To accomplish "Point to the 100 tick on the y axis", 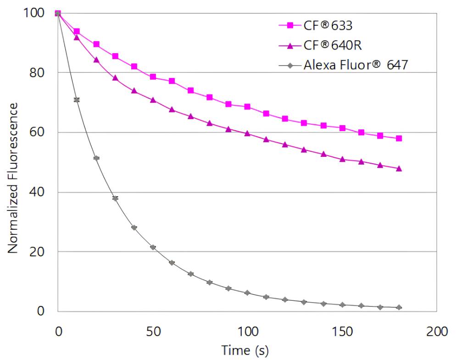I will pyautogui.click(x=34, y=13).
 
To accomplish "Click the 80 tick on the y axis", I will pyautogui.click(x=38, y=73).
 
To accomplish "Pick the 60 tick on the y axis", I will pyautogui.click(x=38, y=133).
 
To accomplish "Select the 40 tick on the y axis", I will pyautogui.click(x=38, y=192).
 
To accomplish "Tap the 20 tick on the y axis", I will pyautogui.click(x=38, y=252).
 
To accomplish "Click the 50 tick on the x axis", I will pyautogui.click(x=153, y=331).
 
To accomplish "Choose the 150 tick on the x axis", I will pyautogui.click(x=342, y=331).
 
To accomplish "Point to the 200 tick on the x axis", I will pyautogui.click(x=437, y=331).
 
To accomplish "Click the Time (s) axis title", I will pyautogui.click(x=245, y=350).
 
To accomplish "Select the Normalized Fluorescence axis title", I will pyautogui.click(x=13, y=178).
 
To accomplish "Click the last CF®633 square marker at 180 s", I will pyautogui.click(x=399, y=138).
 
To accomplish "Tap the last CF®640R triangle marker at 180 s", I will pyautogui.click(x=399, y=168).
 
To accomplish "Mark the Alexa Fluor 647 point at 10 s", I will pyautogui.click(x=77, y=100).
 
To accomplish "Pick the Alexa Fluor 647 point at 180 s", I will pyautogui.click(x=399, y=307).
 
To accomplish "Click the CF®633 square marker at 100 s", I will pyautogui.click(x=247, y=107).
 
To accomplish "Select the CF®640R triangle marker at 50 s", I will pyautogui.click(x=153, y=100).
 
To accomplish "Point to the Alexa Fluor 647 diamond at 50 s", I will pyautogui.click(x=153, y=247).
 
